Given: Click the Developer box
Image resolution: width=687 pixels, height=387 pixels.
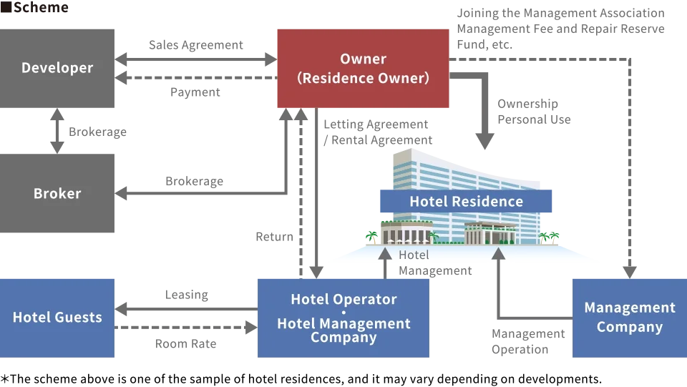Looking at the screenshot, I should tap(57, 68).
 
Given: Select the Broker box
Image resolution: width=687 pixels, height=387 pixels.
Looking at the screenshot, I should tap(57, 193).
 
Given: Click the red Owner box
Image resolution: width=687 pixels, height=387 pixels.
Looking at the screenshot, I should tap(363, 69).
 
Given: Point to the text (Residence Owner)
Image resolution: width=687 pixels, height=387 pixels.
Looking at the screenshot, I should tap(363, 79).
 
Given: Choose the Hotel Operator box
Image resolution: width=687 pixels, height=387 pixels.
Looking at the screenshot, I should tap(343, 318).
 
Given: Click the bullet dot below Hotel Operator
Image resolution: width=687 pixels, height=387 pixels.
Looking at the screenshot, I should tap(343, 312).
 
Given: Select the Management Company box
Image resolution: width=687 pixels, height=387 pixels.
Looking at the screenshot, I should tap(629, 318).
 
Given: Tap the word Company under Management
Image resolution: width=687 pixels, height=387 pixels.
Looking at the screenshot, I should tap(629, 328).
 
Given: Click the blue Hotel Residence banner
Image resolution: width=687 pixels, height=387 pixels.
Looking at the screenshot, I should tap(466, 202).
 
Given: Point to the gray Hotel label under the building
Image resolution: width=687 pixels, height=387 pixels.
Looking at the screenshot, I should tap(414, 255).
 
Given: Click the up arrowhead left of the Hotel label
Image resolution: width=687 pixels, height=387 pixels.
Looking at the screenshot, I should tap(385, 253).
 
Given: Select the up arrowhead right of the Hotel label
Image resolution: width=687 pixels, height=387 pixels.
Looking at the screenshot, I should tap(498, 253).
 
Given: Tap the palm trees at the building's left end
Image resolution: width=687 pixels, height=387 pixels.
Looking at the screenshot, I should tap(371, 237).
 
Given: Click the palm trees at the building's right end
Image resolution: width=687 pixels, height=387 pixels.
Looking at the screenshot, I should tap(550, 237).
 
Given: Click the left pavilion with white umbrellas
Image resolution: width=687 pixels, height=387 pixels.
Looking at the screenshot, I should tap(401, 233).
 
